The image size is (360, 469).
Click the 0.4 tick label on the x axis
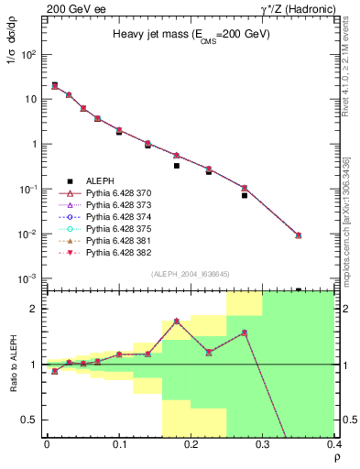(x=334, y=445)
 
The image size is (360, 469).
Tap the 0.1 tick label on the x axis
(x=118, y=445)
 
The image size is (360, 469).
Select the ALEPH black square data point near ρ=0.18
(x=176, y=166)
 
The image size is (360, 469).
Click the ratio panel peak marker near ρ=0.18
(x=176, y=321)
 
